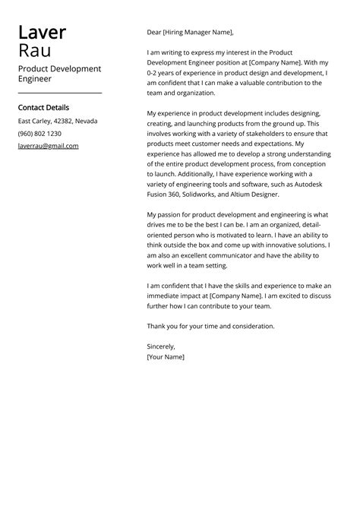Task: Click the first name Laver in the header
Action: [42, 33]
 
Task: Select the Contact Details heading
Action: [43, 108]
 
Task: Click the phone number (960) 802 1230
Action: [39, 133]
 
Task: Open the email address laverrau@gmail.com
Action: [48, 145]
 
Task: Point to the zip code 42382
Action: [63, 121]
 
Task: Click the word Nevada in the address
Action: [86, 121]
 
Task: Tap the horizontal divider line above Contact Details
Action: [59, 92]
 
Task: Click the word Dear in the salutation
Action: [154, 33]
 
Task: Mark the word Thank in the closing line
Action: [156, 326]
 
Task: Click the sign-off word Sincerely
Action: [161, 346]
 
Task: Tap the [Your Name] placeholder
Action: [166, 356]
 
